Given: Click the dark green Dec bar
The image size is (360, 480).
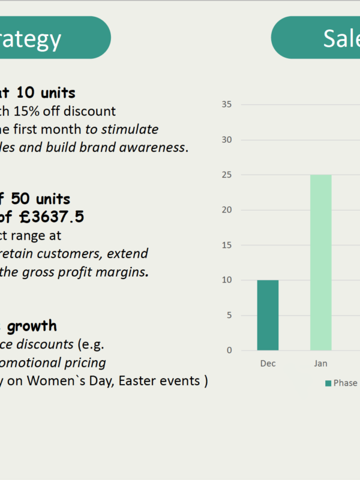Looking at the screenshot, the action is point(268,315).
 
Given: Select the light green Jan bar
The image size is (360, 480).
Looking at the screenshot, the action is point(321,262).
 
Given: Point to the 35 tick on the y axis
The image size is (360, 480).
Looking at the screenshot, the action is point(227,104).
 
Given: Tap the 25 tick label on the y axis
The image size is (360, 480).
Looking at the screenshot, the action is point(227,175).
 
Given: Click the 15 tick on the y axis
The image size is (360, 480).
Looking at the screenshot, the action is point(227,245).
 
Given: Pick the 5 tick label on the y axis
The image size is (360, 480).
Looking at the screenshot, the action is point(229,315).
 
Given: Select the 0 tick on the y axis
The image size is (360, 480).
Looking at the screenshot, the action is point(229,350).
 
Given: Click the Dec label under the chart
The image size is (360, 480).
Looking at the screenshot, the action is point(268,364).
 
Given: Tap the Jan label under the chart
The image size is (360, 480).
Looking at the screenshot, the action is point(320,364).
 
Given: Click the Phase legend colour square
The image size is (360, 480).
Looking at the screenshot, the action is point(328,383).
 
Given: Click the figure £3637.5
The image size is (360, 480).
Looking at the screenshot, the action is point(52,217).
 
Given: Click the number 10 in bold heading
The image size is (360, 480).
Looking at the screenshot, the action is point(26,92).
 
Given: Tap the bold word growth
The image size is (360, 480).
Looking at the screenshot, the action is point(32,326).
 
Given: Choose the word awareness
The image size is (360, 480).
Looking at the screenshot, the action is point(152,148).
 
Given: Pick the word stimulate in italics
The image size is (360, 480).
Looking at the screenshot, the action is point(130,130).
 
